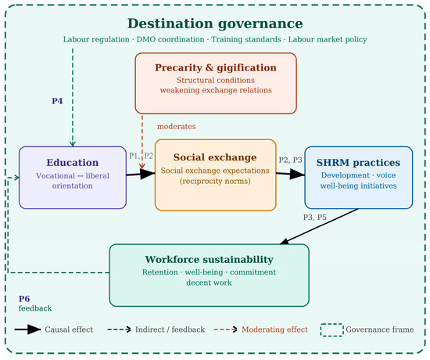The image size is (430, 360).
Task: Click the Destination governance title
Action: coord(215,23)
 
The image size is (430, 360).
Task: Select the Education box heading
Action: coord(73,162)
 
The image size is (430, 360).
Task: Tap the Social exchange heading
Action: coord(215,157)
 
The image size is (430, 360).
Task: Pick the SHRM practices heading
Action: coord(358,163)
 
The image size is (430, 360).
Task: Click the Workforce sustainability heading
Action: coord(210,260)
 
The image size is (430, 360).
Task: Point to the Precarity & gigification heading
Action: coord(216,68)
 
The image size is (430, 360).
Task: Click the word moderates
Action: coord(177,126)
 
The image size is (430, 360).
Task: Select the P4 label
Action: coord(57,101)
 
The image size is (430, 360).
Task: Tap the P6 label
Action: coord(24,299)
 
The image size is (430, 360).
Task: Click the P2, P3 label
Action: coord(290,160)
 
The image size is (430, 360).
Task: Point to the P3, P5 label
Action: coord(315,218)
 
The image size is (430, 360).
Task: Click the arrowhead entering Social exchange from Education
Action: coord(148,174)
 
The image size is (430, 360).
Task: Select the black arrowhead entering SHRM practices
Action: coord(298,174)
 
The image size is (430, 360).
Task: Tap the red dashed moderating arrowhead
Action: coord(142,166)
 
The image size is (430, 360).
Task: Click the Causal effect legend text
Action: coord(69,329)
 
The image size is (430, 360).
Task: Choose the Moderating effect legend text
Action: coord(274,329)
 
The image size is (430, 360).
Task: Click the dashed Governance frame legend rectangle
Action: coord(331,324)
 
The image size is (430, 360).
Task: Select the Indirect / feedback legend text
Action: coord(170,329)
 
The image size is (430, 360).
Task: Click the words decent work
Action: coord(209,283)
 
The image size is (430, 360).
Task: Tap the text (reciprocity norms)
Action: coord(215,182)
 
